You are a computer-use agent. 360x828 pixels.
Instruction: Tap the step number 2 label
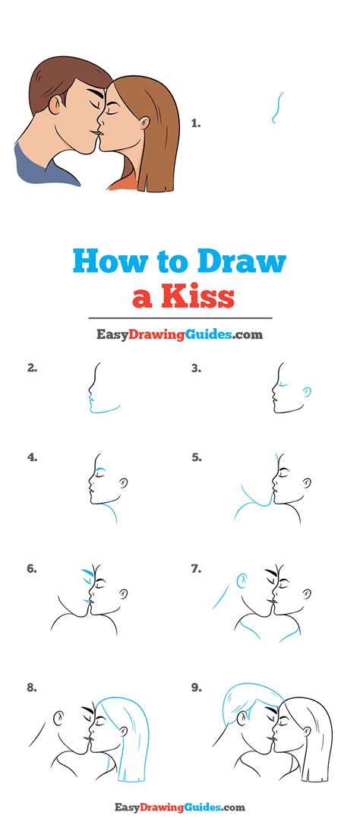tap(32, 368)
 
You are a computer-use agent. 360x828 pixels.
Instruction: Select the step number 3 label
tap(196, 368)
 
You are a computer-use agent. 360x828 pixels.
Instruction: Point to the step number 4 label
tap(32, 457)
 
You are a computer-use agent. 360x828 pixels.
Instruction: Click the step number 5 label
tap(196, 457)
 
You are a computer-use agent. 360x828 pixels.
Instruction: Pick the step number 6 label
tap(32, 567)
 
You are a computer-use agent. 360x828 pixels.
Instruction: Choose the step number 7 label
tap(196, 567)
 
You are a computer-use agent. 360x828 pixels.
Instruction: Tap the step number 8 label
tap(32, 688)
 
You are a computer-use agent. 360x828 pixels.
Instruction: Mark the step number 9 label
tap(196, 688)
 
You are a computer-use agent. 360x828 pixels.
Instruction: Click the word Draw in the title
tap(241, 262)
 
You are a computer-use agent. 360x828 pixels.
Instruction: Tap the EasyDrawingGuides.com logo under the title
tap(179, 334)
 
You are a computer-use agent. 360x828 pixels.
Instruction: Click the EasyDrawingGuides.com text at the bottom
tap(179, 807)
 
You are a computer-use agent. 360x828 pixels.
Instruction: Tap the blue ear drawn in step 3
tap(306, 391)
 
